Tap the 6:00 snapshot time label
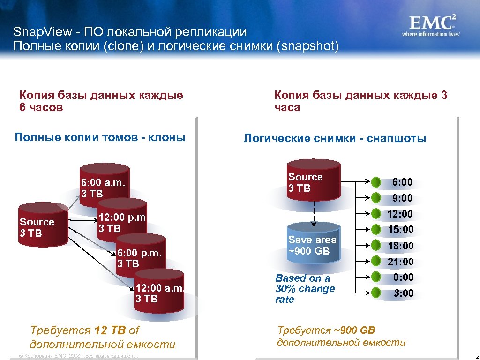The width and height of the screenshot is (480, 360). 403,182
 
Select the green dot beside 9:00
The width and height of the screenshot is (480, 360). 376,198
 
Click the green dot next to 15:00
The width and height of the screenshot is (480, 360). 376,230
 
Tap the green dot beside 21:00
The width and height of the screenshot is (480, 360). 376,261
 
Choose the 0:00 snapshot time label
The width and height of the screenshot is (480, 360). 404,277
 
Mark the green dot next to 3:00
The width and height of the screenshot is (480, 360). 376,293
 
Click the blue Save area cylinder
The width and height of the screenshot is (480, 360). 314,246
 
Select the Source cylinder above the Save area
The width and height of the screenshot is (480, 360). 313,180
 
